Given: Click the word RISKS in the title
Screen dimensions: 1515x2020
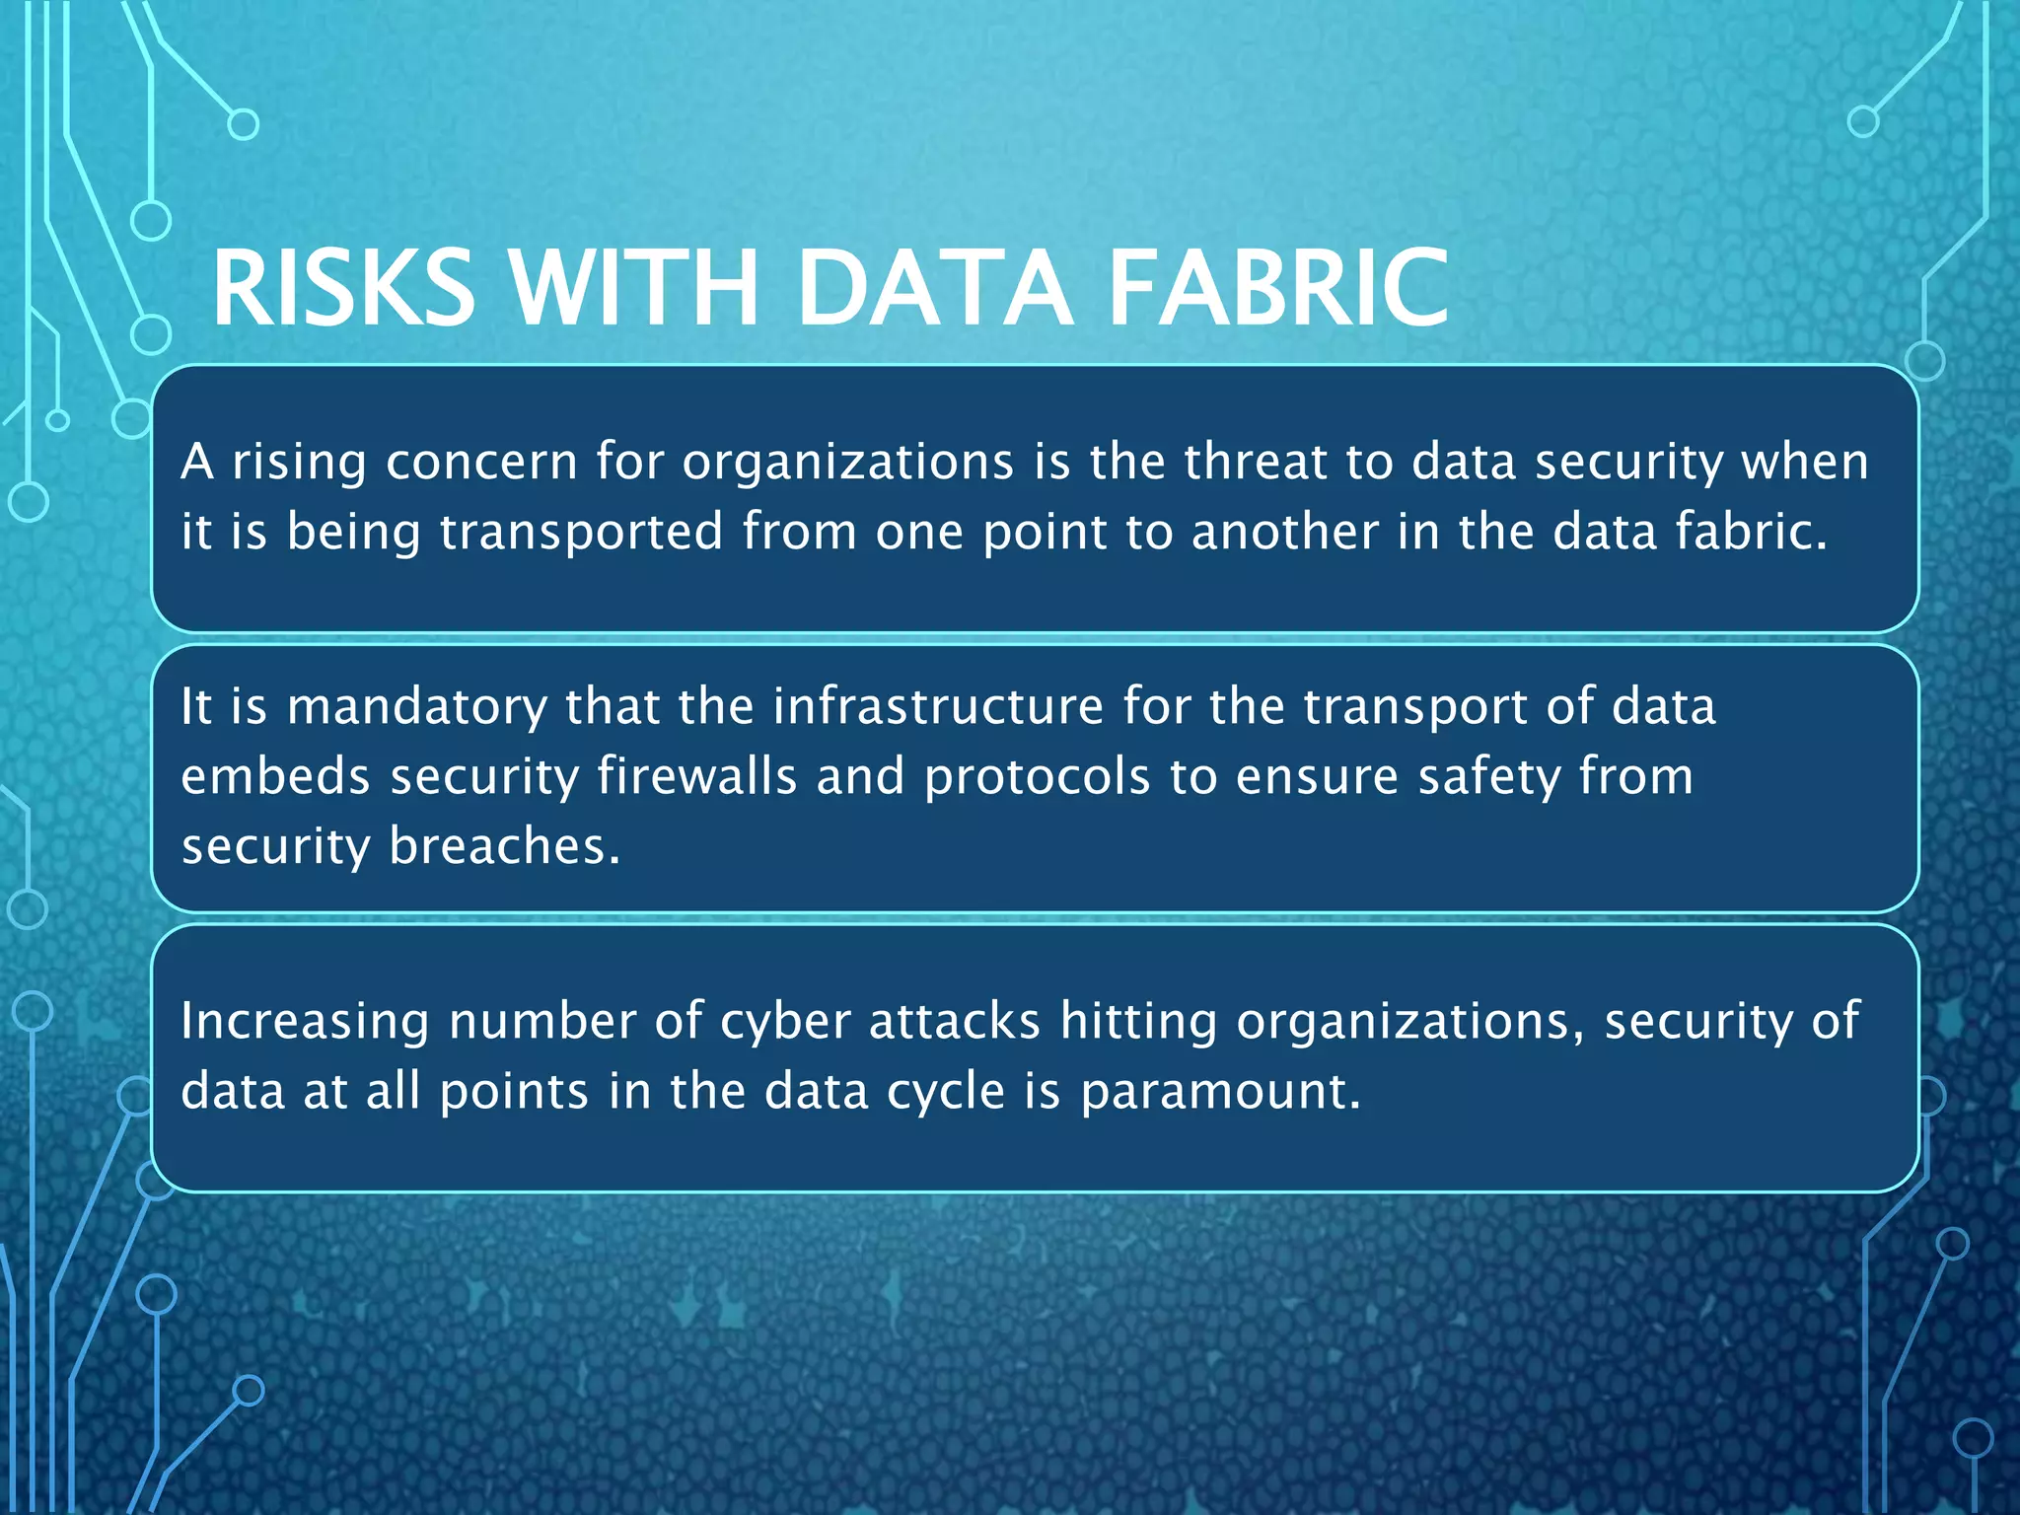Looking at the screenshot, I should tap(343, 287).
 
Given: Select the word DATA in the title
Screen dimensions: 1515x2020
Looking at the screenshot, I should tap(934, 287).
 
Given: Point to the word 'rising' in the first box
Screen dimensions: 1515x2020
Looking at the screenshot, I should tap(299, 462).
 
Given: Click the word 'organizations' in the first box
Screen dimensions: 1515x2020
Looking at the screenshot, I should tap(847, 462).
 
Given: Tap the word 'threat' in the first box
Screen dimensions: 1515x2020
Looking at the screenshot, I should tap(1256, 462).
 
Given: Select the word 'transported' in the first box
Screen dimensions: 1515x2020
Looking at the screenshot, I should tap(582, 532).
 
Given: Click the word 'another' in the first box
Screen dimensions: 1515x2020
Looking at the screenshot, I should tap(1284, 532).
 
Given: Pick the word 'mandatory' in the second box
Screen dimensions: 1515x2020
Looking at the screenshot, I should tap(416, 707).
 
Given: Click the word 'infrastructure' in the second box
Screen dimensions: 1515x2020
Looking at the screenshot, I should tap(938, 707).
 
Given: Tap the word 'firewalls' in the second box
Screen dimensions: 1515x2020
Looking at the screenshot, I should tap(696, 776).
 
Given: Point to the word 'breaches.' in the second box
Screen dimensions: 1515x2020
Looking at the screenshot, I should tap(505, 846).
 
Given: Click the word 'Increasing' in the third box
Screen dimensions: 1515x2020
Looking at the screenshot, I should tap(305, 1022).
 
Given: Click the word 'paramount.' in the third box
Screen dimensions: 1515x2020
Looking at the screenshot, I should tap(1220, 1093).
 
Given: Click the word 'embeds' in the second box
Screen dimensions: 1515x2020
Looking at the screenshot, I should tap(275, 776).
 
